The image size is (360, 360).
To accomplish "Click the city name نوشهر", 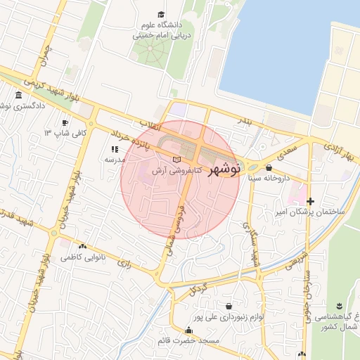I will pos(225,169).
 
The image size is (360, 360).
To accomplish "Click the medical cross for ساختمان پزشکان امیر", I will pos(310,201).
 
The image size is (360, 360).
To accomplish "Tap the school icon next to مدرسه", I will pos(114,149).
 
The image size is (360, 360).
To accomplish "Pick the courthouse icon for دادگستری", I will pos(18,95).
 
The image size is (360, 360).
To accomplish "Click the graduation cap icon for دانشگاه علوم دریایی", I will pos(161,15).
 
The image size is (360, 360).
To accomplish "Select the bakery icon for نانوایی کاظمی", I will pos(83,247).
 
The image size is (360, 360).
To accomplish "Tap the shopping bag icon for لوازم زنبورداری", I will pos(230,306).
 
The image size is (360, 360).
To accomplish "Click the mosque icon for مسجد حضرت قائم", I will pos(188,330).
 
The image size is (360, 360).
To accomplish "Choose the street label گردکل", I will pos(199,288).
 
